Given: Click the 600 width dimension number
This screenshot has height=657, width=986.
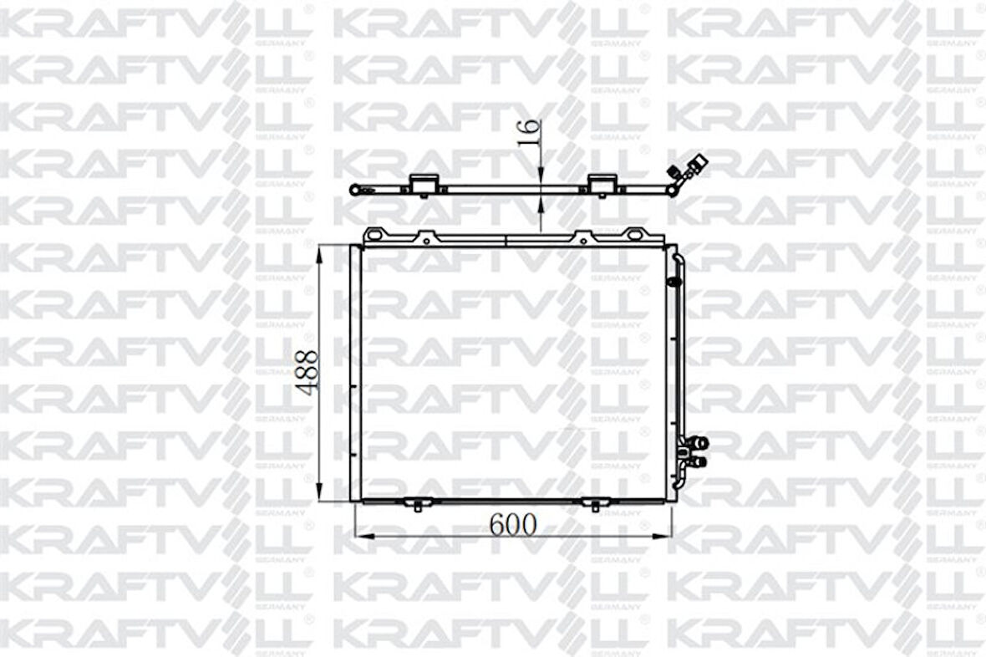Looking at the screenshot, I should (x=511, y=524).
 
